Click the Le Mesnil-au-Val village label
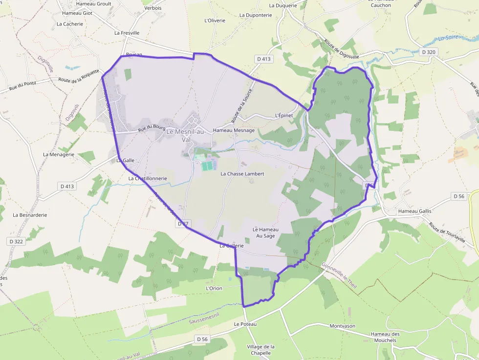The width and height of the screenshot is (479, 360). click(185, 135)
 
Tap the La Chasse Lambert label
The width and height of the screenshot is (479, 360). click(242, 174)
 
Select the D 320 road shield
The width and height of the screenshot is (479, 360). click(428, 52)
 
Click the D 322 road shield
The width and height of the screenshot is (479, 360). click(16, 241)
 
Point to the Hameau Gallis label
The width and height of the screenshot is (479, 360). click(414, 211)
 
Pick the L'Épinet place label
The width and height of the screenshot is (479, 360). click(283, 115)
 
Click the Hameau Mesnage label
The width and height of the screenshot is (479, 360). click(234, 130)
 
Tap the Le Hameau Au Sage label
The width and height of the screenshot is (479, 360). click(265, 233)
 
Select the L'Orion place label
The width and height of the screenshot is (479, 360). click(214, 288)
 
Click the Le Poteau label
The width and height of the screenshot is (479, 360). click(245, 324)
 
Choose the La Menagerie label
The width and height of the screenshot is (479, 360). click(59, 154)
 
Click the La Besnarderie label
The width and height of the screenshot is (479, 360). click(30, 214)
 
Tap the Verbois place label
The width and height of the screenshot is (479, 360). click(153, 8)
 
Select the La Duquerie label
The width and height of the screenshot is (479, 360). click(283, 6)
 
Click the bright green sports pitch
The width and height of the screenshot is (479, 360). click(208, 166)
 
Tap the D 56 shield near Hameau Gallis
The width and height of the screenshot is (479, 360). click(458, 196)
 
